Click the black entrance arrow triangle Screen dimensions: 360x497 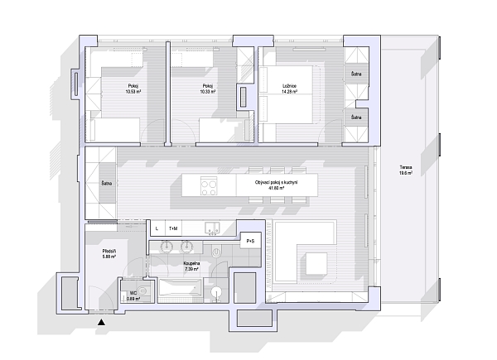(x=101, y=322)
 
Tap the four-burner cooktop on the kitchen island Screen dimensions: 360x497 (x=209, y=186)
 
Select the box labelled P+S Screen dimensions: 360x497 (x=250, y=241)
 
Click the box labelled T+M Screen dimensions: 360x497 (x=173, y=228)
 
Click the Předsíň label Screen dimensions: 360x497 (x=108, y=252)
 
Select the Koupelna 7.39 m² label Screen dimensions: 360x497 (x=191, y=266)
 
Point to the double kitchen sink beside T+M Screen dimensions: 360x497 (x=210, y=228)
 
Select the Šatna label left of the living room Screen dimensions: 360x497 (x=106, y=183)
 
